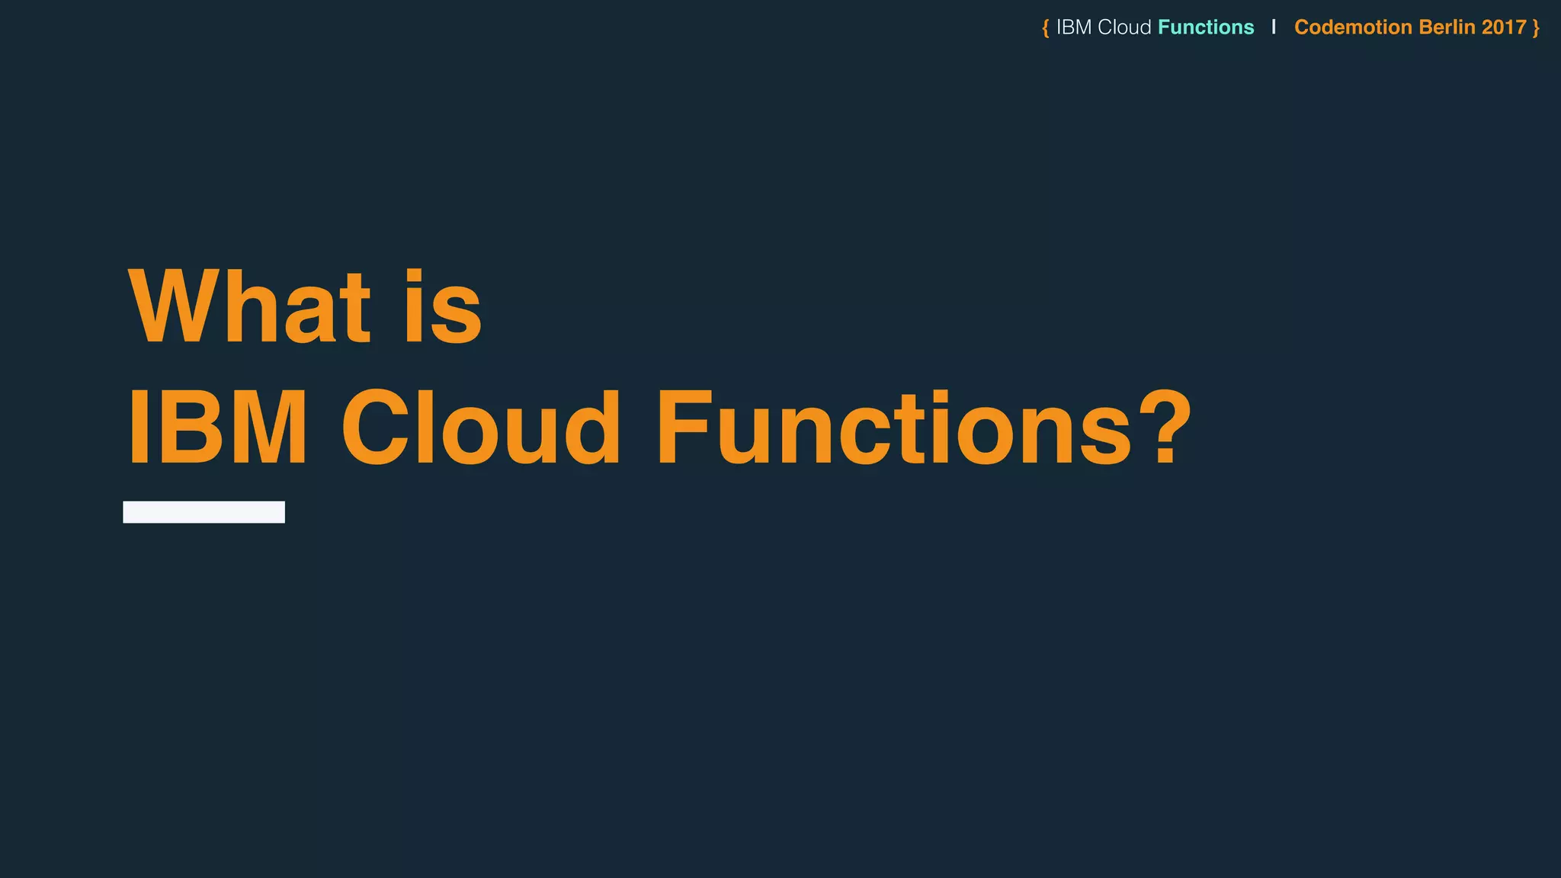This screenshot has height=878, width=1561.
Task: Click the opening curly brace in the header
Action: pos(1046,28)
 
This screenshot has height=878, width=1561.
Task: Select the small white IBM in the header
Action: pos(1074,27)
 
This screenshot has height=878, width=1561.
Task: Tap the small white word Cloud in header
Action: pos(1124,27)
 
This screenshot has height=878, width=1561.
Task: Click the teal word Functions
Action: pos(1206,27)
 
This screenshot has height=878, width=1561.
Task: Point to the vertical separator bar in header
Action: pos(1274,27)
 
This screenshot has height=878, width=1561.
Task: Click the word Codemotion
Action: pos(1353,27)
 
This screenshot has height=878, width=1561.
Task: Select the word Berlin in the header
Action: pos(1447,27)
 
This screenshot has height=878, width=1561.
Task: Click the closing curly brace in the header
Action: pos(1536,28)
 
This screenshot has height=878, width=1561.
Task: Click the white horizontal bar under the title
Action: pos(204,512)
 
